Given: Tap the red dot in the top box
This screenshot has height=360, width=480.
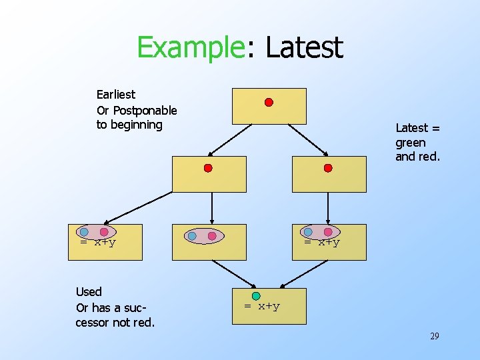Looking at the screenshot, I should (x=269, y=103).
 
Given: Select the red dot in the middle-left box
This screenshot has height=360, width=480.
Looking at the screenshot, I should (x=208, y=168).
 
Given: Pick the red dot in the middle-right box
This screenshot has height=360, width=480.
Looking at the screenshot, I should (x=327, y=168).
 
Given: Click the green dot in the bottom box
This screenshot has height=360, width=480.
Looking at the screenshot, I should (x=256, y=296).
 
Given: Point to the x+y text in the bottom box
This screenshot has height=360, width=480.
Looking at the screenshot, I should (x=262, y=307).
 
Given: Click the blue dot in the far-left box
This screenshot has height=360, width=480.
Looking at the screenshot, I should (x=84, y=232).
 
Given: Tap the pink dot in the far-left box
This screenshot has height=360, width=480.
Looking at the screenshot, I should (x=104, y=232).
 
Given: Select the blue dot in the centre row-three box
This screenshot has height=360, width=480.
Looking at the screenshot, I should (x=192, y=236).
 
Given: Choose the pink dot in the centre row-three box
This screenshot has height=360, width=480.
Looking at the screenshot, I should (x=212, y=236).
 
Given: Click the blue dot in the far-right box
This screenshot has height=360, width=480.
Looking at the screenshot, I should (x=308, y=232).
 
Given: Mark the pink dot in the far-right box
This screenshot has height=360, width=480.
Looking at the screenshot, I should (x=328, y=232).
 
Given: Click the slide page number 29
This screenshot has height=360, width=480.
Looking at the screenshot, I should (x=434, y=337).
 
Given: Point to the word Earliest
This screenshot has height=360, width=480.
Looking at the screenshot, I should (x=116, y=95).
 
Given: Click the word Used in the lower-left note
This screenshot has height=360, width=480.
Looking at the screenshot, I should (x=89, y=291).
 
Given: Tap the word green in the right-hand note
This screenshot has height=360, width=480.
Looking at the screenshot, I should (x=411, y=143).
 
